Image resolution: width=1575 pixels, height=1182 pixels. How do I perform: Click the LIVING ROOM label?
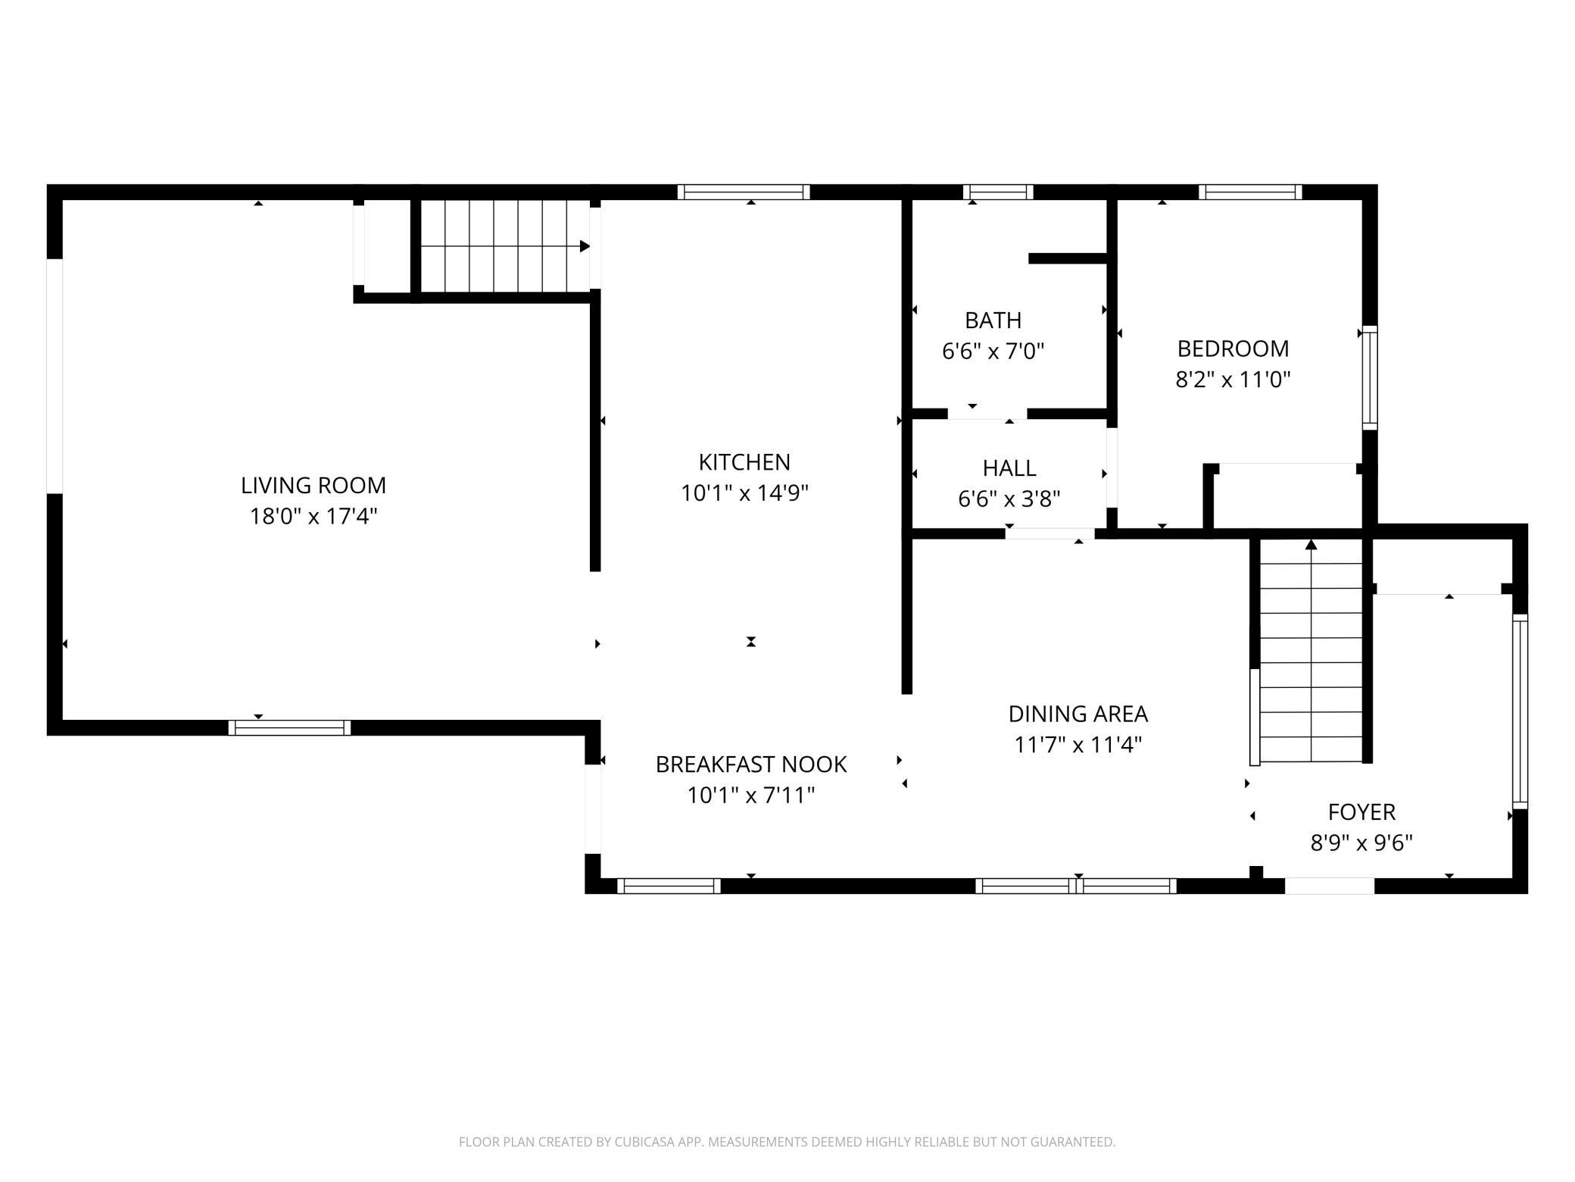tap(313, 485)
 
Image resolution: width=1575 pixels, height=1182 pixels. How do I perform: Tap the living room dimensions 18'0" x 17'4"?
tap(313, 516)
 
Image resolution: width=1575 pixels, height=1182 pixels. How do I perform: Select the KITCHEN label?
tap(744, 461)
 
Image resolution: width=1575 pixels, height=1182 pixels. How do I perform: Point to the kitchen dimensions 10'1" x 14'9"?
tap(744, 492)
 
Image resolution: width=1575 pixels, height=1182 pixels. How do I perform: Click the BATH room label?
tap(993, 321)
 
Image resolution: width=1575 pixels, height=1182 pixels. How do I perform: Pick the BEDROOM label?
tap(1233, 349)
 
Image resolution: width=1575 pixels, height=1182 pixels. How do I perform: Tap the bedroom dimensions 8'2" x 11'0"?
tap(1233, 379)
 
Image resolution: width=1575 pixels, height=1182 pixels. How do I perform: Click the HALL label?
tap(1009, 468)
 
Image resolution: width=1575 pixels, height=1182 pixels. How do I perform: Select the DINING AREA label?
tap(1078, 714)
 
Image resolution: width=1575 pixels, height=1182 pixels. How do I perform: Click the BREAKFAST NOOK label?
tap(751, 765)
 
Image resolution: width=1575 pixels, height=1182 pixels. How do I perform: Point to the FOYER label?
tap(1361, 812)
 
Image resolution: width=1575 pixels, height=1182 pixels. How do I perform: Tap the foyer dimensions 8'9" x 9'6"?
tap(1361, 843)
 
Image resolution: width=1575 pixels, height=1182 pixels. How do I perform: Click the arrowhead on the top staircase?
tap(585, 246)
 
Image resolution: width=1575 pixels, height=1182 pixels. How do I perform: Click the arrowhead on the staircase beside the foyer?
tap(1311, 544)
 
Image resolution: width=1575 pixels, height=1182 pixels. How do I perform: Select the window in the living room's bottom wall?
tap(289, 727)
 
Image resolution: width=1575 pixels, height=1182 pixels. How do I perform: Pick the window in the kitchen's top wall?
tap(744, 192)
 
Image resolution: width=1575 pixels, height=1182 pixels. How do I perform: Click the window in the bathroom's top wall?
tap(998, 192)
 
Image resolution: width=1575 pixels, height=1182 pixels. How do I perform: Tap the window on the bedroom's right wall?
tap(1370, 378)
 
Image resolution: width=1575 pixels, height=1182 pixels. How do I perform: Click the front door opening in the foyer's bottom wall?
tap(1330, 886)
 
